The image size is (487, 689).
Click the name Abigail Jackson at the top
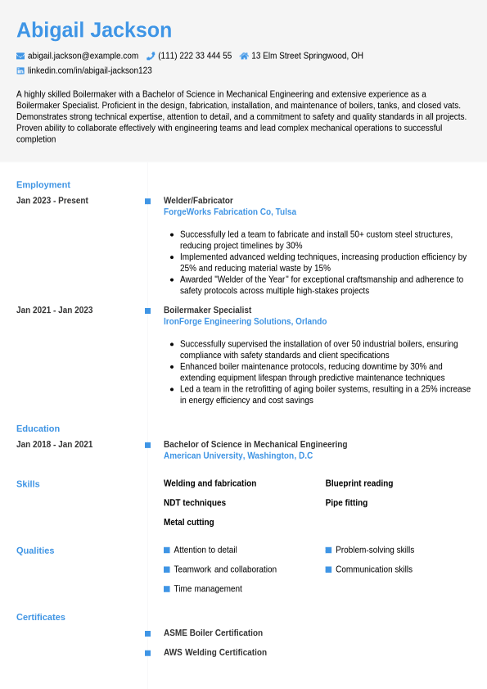point(94,30)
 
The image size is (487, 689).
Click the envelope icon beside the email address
point(20,56)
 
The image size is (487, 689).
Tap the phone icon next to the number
point(151,56)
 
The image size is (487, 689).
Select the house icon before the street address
point(244,56)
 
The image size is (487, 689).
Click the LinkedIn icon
point(20,70)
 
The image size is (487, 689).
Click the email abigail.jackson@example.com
point(83,56)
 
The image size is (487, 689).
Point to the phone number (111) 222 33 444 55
point(195,56)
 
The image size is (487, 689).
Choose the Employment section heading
point(43,184)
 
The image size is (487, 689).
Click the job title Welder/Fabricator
point(198,201)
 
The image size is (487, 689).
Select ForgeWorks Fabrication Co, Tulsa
point(230,211)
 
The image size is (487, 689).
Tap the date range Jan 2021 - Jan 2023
point(54,311)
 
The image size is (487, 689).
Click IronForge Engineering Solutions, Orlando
point(245,321)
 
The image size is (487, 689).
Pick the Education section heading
point(38,428)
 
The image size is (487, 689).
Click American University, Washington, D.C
point(238,456)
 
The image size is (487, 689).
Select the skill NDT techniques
point(195,503)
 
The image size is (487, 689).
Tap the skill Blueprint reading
point(359,483)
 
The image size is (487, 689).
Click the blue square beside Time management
point(167,589)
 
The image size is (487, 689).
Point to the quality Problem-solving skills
point(375,550)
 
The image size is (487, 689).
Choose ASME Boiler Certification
point(213,633)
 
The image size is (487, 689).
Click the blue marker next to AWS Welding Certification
point(147,653)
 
